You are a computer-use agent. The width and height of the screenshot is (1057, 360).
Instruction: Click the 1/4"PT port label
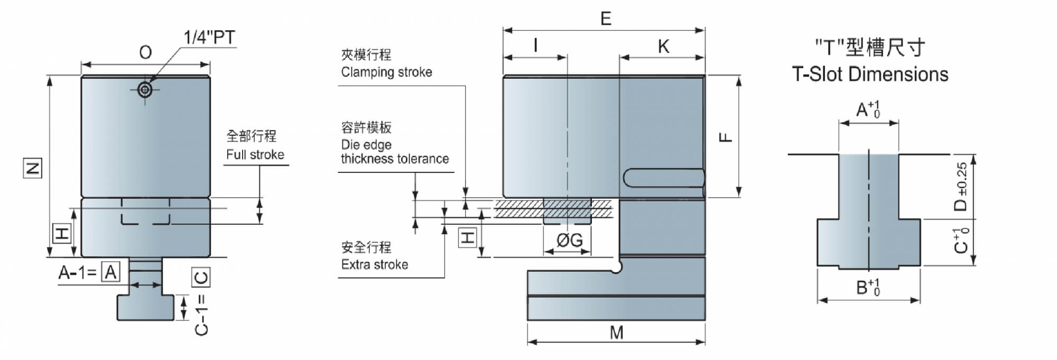(x=209, y=38)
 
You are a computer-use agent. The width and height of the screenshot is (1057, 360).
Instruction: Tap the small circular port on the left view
(x=145, y=90)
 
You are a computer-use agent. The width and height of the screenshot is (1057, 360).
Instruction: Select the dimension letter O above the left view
(x=145, y=52)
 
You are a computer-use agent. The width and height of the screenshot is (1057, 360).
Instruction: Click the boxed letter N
(x=33, y=169)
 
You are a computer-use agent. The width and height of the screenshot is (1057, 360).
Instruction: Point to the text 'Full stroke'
(x=255, y=154)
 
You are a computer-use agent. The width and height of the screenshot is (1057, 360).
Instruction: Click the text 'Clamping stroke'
(x=386, y=72)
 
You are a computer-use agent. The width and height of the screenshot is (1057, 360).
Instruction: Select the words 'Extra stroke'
(x=375, y=264)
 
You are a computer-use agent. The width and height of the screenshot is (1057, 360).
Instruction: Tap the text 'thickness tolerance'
(x=395, y=159)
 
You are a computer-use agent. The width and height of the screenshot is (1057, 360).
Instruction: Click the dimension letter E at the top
(x=606, y=19)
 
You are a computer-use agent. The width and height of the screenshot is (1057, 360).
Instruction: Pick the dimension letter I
(x=536, y=45)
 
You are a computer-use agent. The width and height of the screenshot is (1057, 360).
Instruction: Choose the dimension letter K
(x=663, y=47)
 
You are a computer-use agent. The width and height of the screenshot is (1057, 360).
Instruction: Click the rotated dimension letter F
(x=726, y=137)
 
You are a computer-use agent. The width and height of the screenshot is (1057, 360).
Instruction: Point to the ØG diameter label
(x=570, y=241)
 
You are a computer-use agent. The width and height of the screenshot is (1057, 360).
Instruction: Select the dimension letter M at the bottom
(x=617, y=333)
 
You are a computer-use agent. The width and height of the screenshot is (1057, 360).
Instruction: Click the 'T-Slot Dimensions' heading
(x=870, y=74)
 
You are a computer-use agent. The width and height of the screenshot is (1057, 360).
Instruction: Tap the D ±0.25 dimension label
(x=961, y=187)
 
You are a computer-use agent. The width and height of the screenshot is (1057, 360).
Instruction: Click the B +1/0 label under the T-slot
(x=868, y=287)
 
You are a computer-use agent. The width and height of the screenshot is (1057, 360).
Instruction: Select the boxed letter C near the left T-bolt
(x=201, y=276)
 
